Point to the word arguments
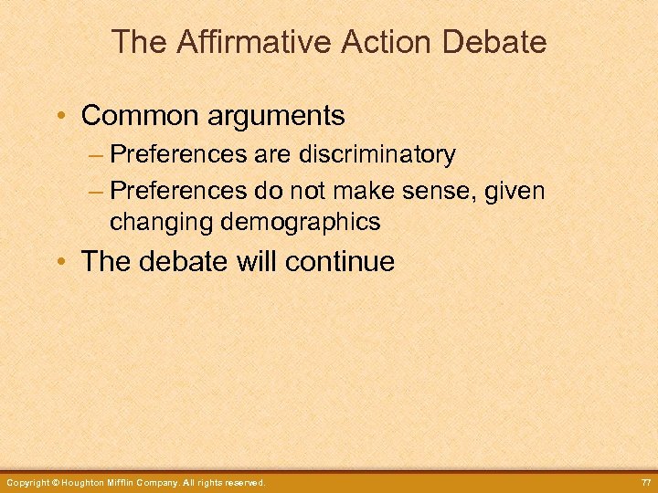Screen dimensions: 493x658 click(281, 116)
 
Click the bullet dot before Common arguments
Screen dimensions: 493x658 click(61, 117)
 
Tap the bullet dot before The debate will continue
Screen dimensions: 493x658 click(61, 263)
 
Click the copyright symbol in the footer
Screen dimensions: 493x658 click(56, 482)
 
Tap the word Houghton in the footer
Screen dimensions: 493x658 click(89, 482)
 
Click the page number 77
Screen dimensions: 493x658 click(646, 482)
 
